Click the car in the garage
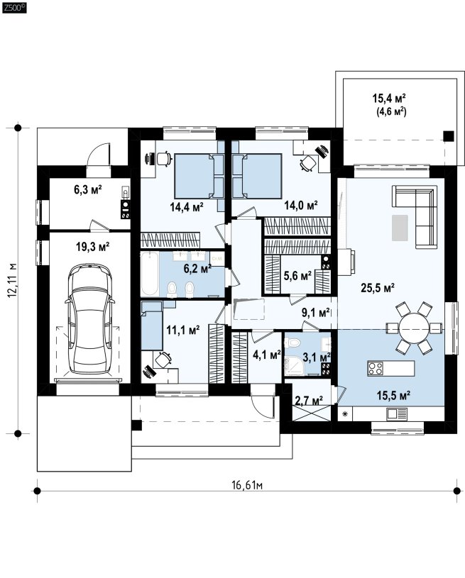89,319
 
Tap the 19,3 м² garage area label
92,247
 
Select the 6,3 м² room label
88,190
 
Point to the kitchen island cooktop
376,369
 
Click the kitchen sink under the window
397,414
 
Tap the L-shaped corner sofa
415,216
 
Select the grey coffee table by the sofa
400,228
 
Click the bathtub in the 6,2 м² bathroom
150,274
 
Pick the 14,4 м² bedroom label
187,207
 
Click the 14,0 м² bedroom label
301,205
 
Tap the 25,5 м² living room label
378,287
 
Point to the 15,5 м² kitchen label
394,396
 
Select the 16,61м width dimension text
247,485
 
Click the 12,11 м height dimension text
13,280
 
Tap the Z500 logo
15,7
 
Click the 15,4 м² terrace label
389,99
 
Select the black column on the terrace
449,136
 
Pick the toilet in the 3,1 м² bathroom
294,343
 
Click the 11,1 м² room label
183,330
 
